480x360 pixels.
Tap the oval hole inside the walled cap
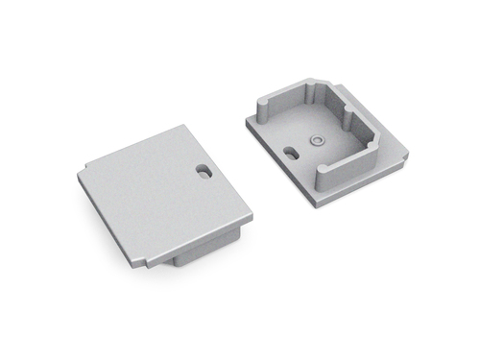click(x=289, y=150)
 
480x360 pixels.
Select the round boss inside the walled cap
click(x=316, y=139)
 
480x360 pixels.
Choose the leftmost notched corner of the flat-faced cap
click(x=79, y=173)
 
